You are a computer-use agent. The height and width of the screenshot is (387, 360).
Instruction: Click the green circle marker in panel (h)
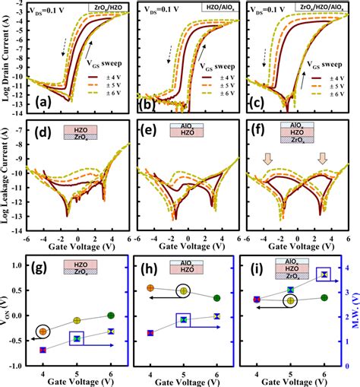219,298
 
